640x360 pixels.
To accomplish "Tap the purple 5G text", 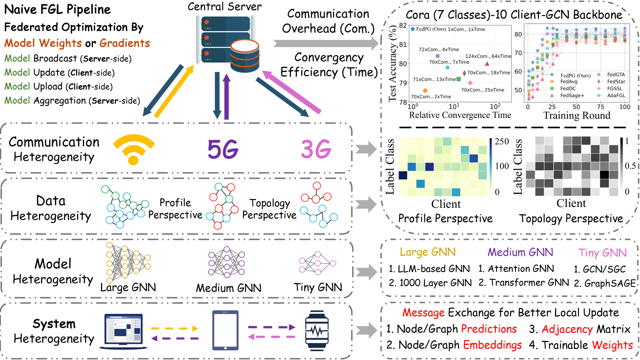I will pyautogui.click(x=223, y=150).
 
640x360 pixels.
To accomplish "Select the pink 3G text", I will pyautogui.click(x=316, y=150).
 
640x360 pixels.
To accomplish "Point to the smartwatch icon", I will pyautogui.click(x=317, y=331).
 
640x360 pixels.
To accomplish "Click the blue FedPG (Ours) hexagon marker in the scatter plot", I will pyautogui.click(x=413, y=29).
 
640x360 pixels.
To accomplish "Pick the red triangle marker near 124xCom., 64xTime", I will pyautogui.click(x=487, y=64).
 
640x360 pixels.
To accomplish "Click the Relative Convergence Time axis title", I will pyautogui.click(x=460, y=115).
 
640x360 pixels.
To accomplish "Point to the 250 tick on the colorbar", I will pyautogui.click(x=502, y=141).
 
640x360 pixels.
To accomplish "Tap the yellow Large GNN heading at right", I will pyautogui.click(x=428, y=252).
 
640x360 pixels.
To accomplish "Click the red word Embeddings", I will pyautogui.click(x=492, y=345).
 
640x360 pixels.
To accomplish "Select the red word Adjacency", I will pyautogui.click(x=567, y=329).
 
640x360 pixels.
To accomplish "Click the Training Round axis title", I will pyautogui.click(x=576, y=116).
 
